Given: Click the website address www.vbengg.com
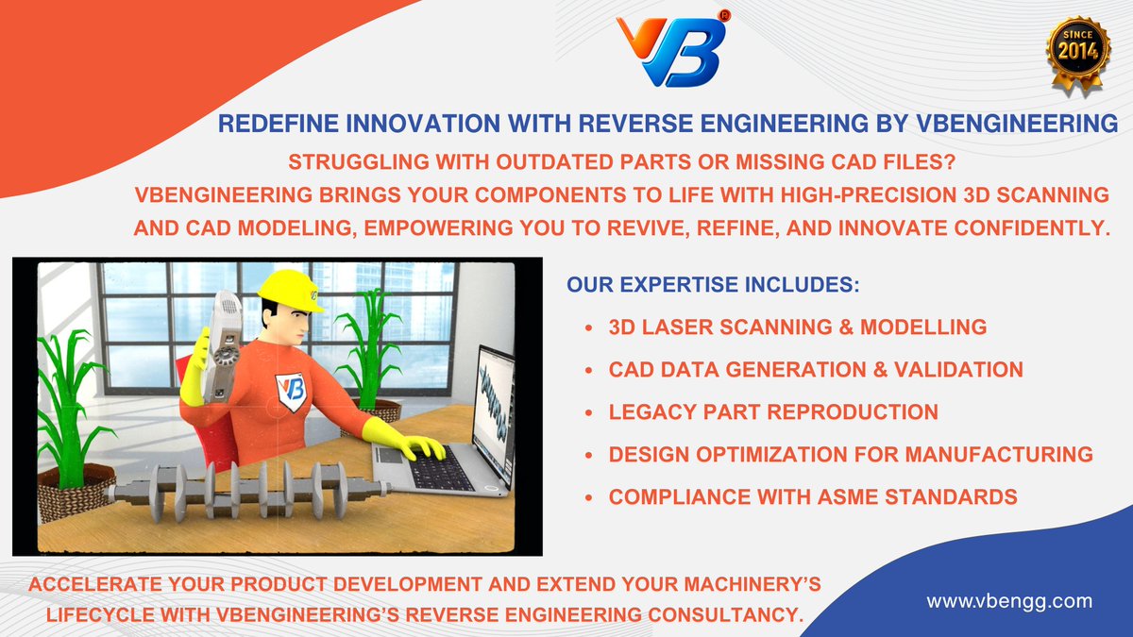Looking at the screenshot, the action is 1009,601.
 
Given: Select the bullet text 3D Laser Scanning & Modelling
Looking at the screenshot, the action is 798,327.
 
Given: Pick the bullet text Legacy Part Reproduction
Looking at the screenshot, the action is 773,412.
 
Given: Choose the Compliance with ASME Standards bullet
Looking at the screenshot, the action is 813,497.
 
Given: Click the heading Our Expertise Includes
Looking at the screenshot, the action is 713,285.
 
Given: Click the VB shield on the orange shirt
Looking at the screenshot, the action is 292,392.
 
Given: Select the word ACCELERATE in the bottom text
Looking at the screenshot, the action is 94,584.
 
